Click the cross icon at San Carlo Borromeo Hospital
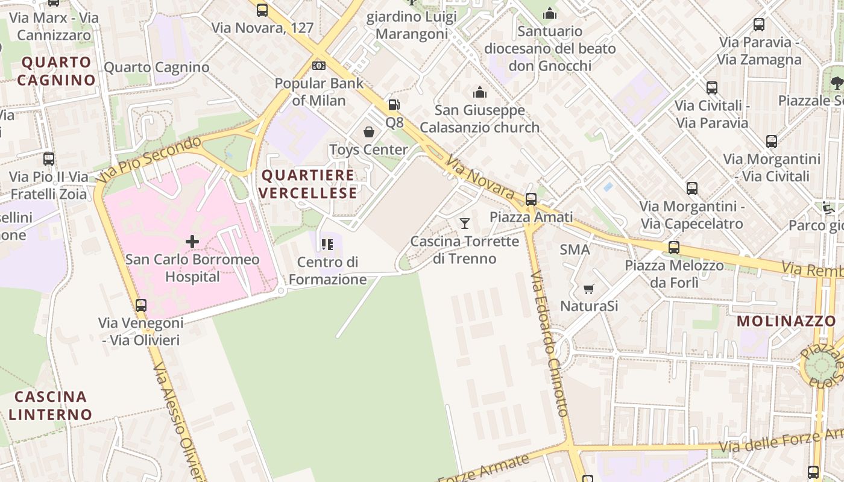tap(192, 242)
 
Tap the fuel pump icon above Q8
tap(394, 105)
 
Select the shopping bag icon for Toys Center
tap(369, 132)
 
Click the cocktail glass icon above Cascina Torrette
tap(464, 224)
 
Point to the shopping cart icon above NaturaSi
tap(588, 289)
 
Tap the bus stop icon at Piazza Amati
tap(531, 199)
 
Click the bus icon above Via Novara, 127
tap(262, 10)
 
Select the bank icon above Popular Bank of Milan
tap(319, 65)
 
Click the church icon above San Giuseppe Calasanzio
tap(480, 92)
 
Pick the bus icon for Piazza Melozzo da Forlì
tap(674, 247)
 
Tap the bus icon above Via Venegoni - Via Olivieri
tap(141, 305)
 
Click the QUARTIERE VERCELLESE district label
tap(309, 184)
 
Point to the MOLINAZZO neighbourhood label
tap(786, 321)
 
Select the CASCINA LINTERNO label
tap(51, 405)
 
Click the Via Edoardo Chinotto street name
tap(549, 343)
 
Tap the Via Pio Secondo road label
tap(148, 160)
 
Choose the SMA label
tap(575, 249)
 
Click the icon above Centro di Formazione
tap(327, 244)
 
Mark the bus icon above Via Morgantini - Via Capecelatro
tap(692, 189)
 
